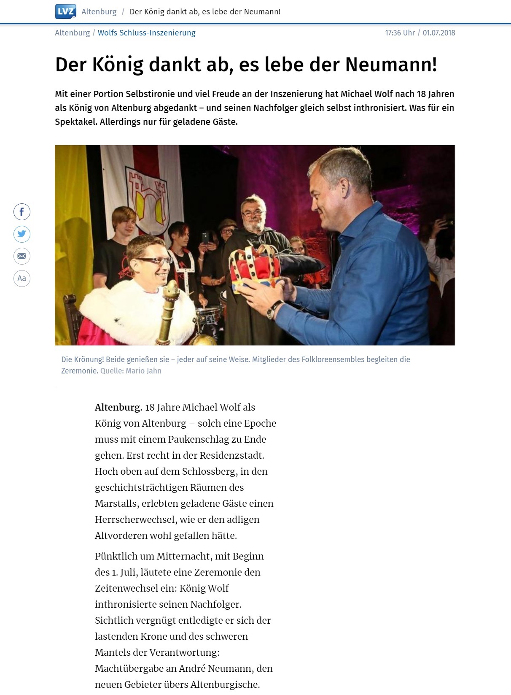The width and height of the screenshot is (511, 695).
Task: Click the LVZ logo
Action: tap(65, 11)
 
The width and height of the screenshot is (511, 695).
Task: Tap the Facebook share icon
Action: tap(22, 212)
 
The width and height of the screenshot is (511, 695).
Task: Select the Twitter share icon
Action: tap(22, 234)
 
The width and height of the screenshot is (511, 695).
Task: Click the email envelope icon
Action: tap(22, 256)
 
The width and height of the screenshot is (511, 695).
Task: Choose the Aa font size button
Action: tap(22, 278)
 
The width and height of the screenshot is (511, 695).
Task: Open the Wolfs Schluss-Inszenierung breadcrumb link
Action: tap(146, 33)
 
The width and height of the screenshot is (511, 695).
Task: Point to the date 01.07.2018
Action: tap(439, 33)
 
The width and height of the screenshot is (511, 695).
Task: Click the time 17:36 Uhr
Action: tap(400, 33)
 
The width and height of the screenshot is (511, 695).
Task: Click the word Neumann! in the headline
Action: tap(391, 65)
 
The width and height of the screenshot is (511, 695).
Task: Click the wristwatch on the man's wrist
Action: tap(274, 309)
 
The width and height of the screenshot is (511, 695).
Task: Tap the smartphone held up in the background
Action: tap(205, 238)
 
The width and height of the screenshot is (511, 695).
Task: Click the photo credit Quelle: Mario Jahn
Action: tap(131, 371)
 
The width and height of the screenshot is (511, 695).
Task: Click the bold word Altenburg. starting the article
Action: tap(118, 407)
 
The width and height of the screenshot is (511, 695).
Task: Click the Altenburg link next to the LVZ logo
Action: tap(99, 12)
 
